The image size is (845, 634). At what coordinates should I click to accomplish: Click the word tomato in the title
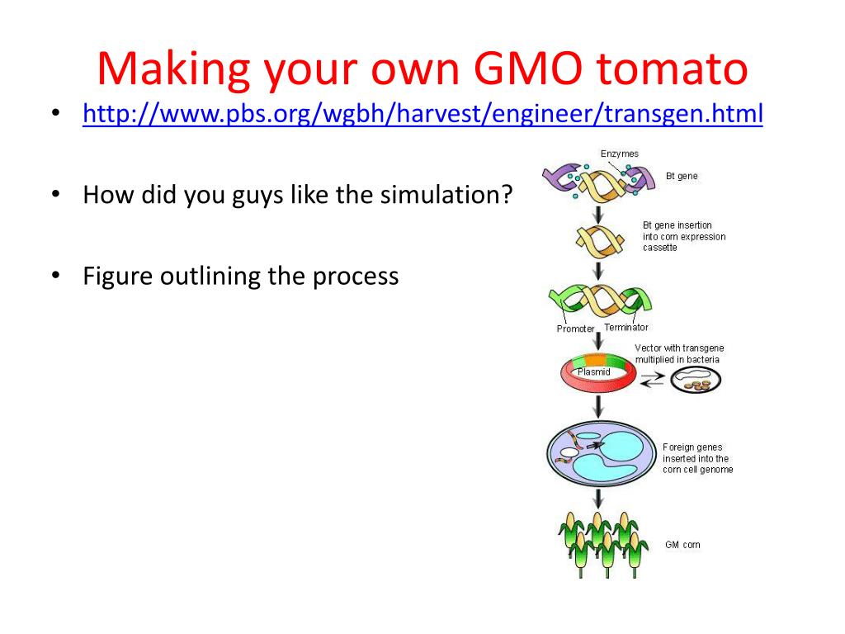coord(672,69)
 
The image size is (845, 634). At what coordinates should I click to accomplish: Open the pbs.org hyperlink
coord(422,114)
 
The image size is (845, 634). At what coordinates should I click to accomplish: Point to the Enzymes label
coord(619,154)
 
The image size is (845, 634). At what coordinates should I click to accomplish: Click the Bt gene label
coord(682,176)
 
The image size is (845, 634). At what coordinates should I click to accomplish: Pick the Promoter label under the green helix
coord(575,329)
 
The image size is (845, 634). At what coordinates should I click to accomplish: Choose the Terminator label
coord(626,327)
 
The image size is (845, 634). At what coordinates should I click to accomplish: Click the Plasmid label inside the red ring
coord(593,372)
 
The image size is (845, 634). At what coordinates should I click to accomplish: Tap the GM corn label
coord(682,545)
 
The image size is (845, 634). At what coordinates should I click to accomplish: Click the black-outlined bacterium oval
coord(696,380)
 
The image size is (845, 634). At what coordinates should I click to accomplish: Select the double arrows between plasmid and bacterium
coord(653,381)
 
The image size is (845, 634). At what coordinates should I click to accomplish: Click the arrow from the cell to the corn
coord(598,498)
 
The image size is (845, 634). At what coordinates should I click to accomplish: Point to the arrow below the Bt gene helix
coord(598,215)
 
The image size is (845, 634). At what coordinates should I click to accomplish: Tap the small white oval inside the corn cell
coord(569,453)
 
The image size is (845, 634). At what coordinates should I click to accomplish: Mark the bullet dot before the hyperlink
coord(55,114)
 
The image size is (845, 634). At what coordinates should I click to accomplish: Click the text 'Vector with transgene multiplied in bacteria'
coord(679,353)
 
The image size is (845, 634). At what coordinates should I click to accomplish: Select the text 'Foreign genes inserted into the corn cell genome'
coord(698,458)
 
